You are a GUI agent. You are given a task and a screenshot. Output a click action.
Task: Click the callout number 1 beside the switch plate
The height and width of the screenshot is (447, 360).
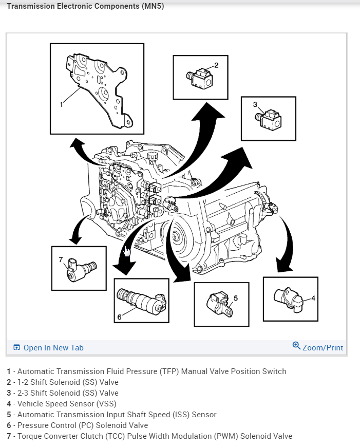(61, 104)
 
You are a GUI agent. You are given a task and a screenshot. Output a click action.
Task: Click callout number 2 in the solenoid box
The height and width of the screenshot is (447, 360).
(216, 65)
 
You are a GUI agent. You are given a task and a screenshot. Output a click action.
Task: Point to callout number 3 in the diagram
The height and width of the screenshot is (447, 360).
(255, 104)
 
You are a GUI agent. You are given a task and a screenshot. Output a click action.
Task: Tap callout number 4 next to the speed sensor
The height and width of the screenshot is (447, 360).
(313, 297)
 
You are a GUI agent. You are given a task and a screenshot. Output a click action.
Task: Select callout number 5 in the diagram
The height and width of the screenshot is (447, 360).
(236, 297)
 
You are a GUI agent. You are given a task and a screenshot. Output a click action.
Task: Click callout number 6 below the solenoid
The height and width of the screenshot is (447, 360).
(119, 317)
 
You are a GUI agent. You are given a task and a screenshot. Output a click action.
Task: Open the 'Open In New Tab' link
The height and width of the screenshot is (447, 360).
(53, 348)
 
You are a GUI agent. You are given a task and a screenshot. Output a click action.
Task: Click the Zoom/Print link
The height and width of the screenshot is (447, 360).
(323, 348)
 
